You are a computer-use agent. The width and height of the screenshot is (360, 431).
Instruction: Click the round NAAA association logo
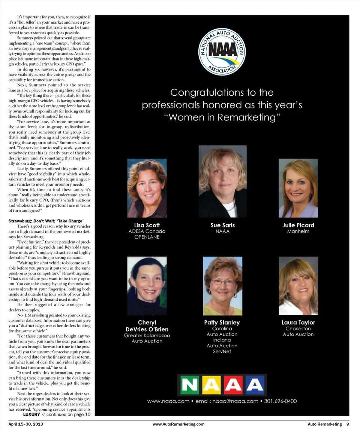point(222,52)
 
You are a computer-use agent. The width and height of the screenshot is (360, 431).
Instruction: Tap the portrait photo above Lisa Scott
point(147,188)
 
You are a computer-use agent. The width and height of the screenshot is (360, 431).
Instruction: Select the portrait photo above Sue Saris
point(222,182)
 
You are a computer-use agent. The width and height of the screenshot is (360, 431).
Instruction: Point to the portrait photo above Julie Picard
point(298,188)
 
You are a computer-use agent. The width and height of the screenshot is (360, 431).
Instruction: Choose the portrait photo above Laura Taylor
point(298,286)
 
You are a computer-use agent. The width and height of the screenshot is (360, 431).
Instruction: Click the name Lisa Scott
point(147,225)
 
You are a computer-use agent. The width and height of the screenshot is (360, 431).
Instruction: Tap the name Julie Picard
point(298,225)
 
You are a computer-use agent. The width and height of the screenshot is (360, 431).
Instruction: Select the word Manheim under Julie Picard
point(298,231)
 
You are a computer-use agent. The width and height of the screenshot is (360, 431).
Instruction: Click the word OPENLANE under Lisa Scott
point(147,237)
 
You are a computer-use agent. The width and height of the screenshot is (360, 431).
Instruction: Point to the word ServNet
point(222,351)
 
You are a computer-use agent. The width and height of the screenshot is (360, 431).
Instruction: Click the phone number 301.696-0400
point(280,401)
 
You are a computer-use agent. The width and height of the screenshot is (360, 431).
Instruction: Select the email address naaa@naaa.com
point(235,401)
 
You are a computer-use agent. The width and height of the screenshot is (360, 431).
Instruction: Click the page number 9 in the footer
point(348,424)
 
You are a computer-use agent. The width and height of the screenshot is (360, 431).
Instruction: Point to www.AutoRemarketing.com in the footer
point(179,424)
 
